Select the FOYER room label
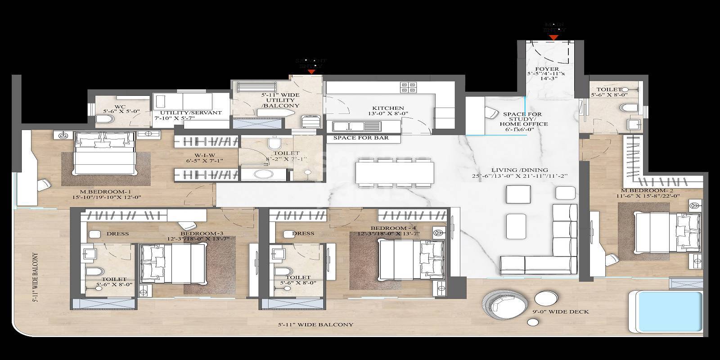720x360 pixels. tap(548, 69)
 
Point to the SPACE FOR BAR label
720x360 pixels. tap(360, 138)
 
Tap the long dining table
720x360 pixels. tap(395, 172)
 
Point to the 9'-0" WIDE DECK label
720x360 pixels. tap(567, 312)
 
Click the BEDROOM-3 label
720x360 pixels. tap(201, 234)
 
